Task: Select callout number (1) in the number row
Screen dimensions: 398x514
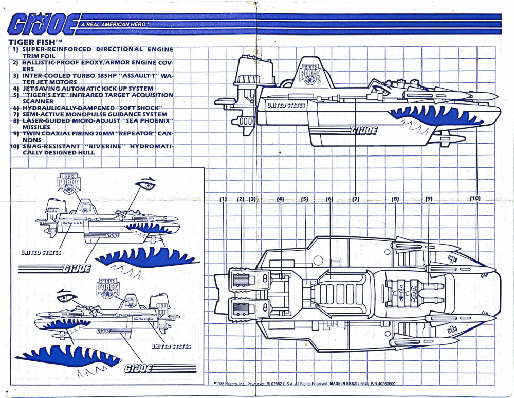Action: tap(223, 199)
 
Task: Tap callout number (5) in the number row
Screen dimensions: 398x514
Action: tap(304, 199)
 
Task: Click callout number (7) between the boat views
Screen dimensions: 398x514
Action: tap(355, 199)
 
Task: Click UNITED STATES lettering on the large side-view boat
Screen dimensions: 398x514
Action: tap(286, 106)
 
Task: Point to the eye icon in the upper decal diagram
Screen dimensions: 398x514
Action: tap(145, 184)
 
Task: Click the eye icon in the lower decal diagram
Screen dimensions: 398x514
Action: tap(67, 297)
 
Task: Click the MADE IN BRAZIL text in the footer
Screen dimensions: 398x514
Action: tap(347, 384)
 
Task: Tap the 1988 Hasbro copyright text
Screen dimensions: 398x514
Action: tap(231, 384)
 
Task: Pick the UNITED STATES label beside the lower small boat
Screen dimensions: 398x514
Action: tap(171, 347)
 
